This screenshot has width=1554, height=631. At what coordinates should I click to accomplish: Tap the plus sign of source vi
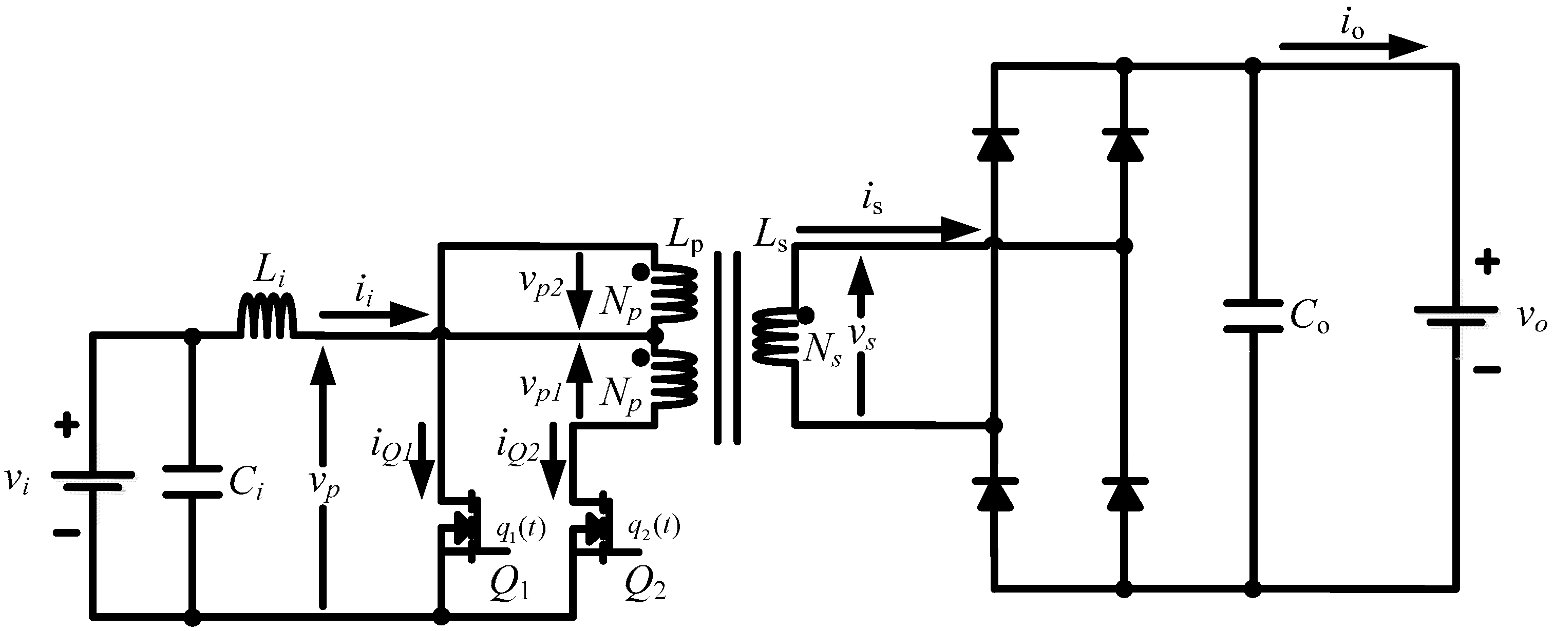tap(66, 425)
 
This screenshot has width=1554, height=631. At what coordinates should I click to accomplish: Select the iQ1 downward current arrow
tap(422, 461)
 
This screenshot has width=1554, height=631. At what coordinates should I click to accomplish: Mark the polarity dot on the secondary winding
tap(805, 314)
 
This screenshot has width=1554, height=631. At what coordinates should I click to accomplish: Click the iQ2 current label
tap(518, 446)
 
